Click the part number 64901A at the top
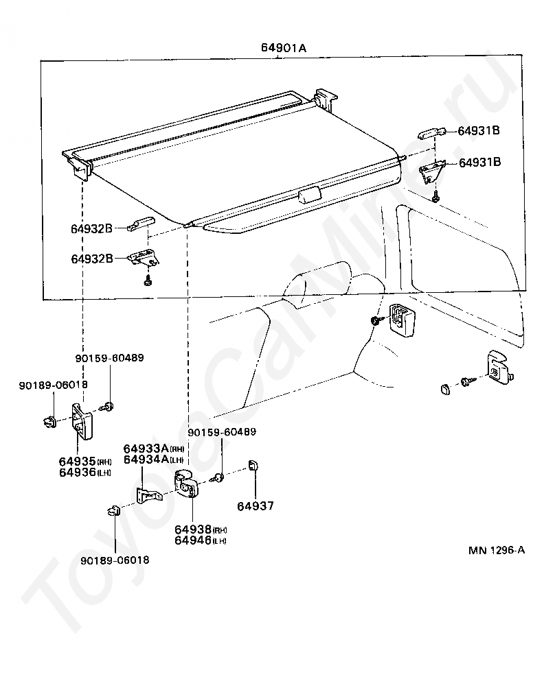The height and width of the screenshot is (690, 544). [283, 48]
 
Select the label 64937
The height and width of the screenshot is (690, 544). [256, 506]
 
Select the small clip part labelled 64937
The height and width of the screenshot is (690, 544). [252, 465]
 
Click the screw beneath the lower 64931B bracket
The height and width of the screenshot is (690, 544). [436, 198]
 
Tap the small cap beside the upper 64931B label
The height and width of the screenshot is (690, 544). [431, 132]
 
